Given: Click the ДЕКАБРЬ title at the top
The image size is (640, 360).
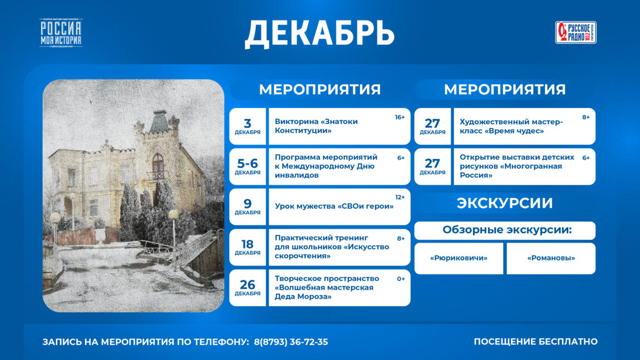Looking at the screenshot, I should pos(319,33).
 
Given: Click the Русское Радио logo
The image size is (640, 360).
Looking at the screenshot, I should pos(575,32).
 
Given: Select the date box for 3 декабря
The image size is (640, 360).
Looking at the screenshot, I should pos(248,126).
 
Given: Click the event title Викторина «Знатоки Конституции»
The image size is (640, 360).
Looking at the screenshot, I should pos(316,126).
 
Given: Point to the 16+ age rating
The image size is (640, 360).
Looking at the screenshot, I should pos(400,117).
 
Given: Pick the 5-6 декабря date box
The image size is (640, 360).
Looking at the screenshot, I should pos(248,166).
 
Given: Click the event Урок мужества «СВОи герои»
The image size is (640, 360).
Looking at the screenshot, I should pos(334,206).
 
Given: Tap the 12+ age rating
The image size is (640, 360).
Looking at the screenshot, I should pos(400,198).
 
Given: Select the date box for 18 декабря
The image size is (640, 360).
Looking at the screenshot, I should pos(248,247).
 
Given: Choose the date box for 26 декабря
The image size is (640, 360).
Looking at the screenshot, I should pos(248,288).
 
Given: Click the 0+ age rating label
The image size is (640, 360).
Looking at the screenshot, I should pos(401,279).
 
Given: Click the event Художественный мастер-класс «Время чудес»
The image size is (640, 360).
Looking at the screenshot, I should pos(511,126).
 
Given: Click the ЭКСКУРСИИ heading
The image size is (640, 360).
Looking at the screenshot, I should pos(505,203).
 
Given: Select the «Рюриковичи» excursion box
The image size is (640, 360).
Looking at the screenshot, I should pos(459,258).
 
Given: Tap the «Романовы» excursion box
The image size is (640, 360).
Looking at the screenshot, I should pos(550,258).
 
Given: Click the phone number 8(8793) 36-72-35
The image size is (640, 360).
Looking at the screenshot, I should pos(291,342).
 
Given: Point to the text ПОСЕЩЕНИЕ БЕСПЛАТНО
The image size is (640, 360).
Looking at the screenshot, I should pos(535,342).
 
